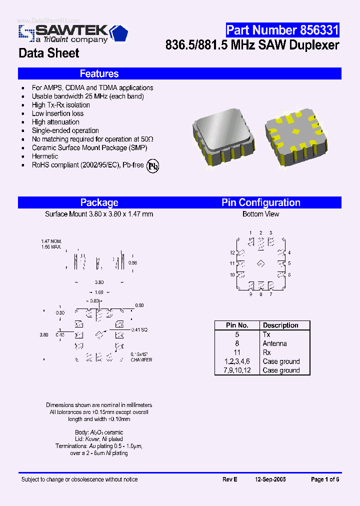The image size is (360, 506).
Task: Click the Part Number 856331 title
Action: pos(282,30)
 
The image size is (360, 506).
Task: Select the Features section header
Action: pos(99,74)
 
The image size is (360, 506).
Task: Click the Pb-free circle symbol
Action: pos(152,166)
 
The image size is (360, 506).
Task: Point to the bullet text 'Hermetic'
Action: pos(45,156)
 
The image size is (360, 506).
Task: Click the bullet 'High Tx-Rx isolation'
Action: pos(61,105)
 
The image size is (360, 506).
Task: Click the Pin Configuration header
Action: pos(260,202)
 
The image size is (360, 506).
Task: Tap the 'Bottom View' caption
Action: pos(260,214)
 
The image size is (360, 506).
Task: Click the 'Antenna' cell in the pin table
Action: pos(274,343)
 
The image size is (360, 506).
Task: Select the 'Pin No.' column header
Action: pos(237,325)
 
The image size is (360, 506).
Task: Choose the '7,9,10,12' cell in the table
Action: pos(237,370)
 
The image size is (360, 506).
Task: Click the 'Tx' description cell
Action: pos(266,334)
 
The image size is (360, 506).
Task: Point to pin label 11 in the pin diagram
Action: pos(232,263)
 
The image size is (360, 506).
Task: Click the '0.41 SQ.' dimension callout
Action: pos(140,329)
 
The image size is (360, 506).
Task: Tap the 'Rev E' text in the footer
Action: pos(229,479)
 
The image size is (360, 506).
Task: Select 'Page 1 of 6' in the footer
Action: pos(325,479)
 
